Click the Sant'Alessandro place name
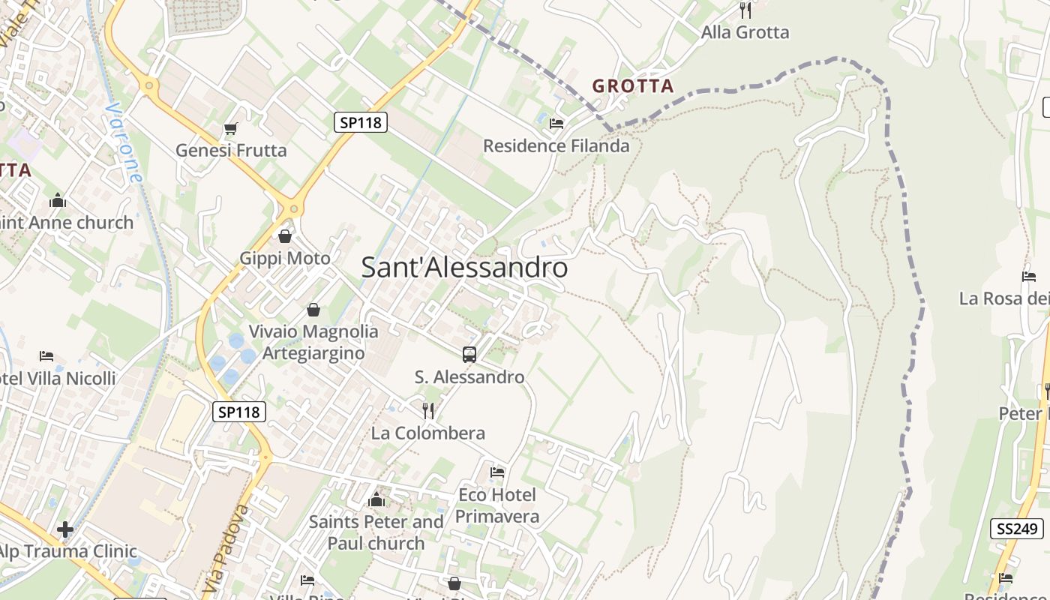[464, 268]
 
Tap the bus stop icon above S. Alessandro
[469, 355]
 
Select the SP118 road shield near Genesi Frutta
[360, 122]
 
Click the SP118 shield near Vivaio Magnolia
[239, 412]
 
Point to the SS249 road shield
[1016, 529]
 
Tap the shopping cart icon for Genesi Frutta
[231, 129]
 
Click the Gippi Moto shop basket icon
[285, 237]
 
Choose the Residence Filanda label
[556, 145]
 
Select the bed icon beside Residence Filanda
[556, 124]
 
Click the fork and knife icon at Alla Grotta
[745, 10]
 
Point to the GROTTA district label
[633, 86]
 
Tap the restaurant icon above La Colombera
[428, 410]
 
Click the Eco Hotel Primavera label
[497, 505]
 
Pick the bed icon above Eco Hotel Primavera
[497, 472]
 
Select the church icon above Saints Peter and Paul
[376, 499]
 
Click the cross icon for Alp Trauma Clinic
[65, 529]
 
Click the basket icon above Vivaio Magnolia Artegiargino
[313, 310]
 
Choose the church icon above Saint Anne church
[58, 200]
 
